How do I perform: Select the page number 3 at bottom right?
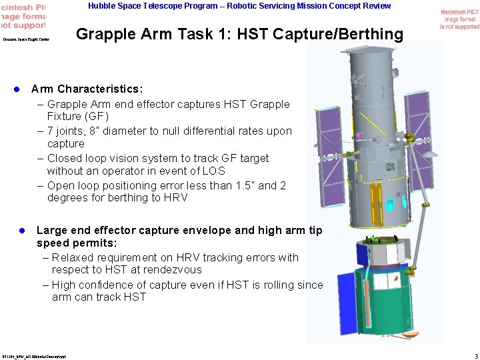click(x=475, y=355)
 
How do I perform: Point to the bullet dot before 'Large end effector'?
click(x=21, y=231)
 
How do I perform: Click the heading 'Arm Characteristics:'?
click(x=87, y=89)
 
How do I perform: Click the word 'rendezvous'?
click(x=169, y=270)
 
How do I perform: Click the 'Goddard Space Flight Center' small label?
click(x=25, y=39)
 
